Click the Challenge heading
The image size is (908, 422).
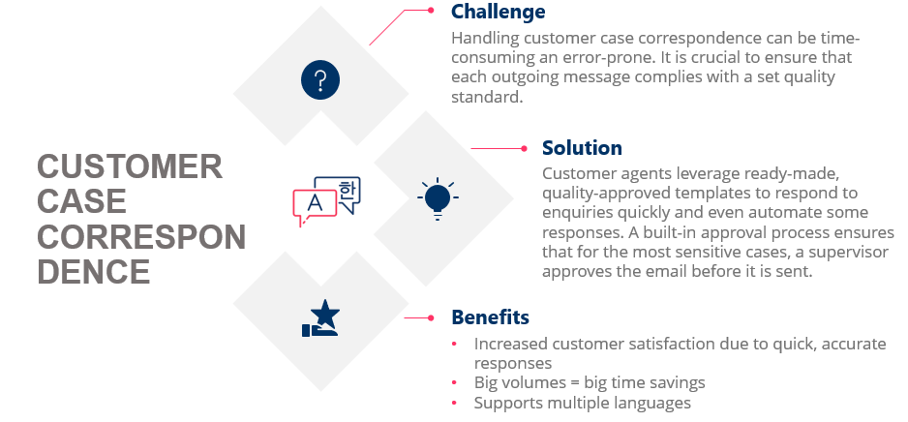coord(499,13)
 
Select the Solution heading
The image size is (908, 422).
coord(582,148)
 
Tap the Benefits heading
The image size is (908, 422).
coord(490,317)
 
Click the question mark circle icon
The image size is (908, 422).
coord(321,78)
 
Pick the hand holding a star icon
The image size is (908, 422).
coord(321,319)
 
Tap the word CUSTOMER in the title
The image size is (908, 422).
coord(130,167)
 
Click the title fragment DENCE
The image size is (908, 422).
coord(94,272)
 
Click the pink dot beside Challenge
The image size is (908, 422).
coord(432,11)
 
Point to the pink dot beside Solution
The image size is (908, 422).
coord(524,148)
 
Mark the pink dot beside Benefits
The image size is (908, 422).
coord(432,317)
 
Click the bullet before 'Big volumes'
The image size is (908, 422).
coord(456,383)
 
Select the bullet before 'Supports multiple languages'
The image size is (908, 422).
coord(456,403)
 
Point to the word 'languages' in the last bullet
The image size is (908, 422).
coord(653,403)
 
